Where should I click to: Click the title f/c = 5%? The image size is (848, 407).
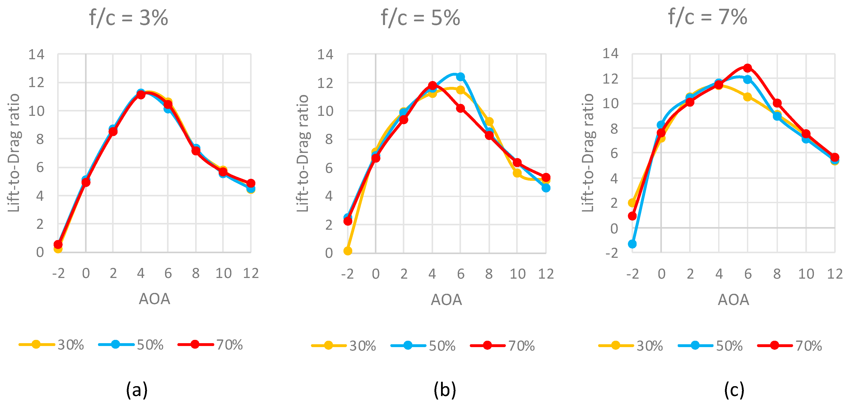pyautogui.click(x=420, y=18)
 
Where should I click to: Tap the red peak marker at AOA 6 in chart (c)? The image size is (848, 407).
pyautogui.click(x=748, y=68)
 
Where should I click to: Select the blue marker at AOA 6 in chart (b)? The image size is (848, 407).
pyautogui.click(x=461, y=77)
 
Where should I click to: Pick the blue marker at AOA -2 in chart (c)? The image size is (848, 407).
pyautogui.click(x=632, y=244)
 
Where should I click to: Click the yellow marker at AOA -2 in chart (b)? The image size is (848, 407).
pyautogui.click(x=348, y=251)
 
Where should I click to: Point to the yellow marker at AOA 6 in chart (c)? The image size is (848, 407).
pyautogui.click(x=748, y=97)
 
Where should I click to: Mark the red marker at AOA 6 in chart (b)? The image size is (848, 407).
pyautogui.click(x=461, y=108)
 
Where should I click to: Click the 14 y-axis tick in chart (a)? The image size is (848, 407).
pyautogui.click(x=36, y=54)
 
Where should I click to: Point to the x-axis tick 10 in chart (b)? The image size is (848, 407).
pyautogui.click(x=518, y=274)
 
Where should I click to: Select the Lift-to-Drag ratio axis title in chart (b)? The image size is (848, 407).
pyautogui.click(x=303, y=153)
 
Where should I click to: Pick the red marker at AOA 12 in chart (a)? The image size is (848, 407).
pyautogui.click(x=251, y=183)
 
